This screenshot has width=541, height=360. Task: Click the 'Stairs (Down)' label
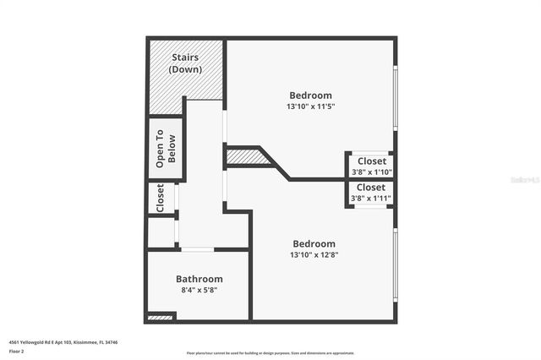coord(185,63)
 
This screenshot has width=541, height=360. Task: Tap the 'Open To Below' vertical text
coord(166,150)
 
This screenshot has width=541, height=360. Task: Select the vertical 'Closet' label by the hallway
coord(160,198)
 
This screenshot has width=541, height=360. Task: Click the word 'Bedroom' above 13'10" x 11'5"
coord(310,95)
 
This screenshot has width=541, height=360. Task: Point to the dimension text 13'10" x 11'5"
coord(310,107)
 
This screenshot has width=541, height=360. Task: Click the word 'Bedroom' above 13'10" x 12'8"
coord(313,243)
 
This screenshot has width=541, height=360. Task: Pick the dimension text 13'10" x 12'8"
coord(313,254)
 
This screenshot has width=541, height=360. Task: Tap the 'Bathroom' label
coord(199,279)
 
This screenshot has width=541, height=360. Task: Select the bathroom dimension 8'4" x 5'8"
coord(199,290)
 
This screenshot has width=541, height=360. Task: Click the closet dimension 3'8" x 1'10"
coord(371,172)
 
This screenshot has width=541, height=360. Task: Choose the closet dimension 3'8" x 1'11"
coord(371,199)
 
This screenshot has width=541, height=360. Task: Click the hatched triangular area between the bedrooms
coord(246,156)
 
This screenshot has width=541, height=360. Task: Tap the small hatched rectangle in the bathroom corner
coord(159,317)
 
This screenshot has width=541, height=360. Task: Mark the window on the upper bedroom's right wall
coord(395,97)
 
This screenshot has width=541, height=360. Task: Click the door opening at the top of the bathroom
coord(197,249)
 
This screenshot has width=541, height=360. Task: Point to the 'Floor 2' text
coord(17,350)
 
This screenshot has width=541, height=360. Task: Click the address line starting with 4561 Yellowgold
coord(63,342)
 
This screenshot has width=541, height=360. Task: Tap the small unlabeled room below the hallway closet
coord(161,231)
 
